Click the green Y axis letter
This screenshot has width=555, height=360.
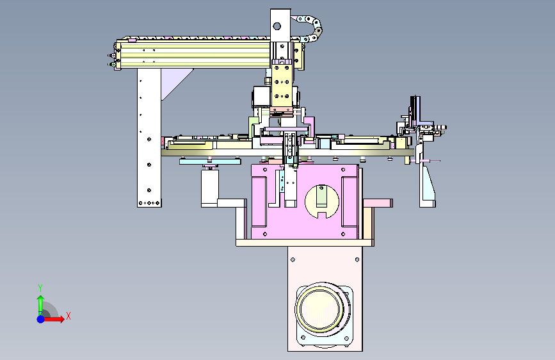tap(40, 288)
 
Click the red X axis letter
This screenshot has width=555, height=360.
tap(68, 316)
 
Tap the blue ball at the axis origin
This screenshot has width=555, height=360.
tap(41, 319)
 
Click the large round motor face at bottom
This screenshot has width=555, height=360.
tap(320, 308)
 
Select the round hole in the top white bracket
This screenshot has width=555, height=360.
tap(277, 26)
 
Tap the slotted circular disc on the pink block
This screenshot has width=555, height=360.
tap(322, 202)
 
